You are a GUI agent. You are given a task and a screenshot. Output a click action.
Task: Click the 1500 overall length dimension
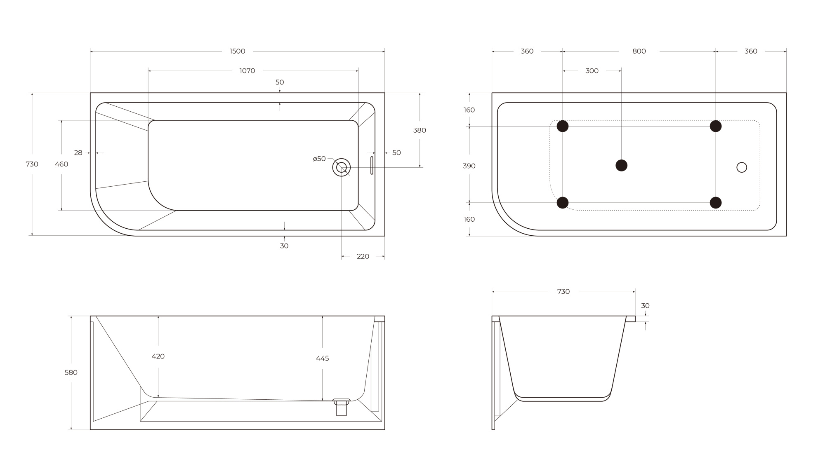(x=237, y=51)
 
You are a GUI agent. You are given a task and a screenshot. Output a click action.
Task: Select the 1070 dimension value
(x=247, y=71)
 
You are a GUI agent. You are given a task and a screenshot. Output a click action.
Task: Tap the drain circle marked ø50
(x=342, y=167)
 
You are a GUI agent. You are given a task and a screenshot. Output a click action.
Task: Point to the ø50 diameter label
(x=319, y=159)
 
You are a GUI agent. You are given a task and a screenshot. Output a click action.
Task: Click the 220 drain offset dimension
(x=363, y=256)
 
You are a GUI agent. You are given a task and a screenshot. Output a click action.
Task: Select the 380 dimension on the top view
(x=420, y=130)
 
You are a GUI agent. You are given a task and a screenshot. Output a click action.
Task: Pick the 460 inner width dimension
(x=61, y=164)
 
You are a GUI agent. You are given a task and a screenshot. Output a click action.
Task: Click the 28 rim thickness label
(x=78, y=153)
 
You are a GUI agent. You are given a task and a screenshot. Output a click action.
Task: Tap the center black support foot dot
(x=621, y=165)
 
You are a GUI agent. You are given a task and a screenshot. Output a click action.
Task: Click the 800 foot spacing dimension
(x=639, y=51)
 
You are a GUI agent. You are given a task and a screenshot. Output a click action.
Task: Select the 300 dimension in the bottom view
(x=592, y=71)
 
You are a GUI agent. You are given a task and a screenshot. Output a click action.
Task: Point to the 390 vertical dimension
(x=469, y=166)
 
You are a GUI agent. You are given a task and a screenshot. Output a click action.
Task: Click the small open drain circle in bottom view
(x=741, y=167)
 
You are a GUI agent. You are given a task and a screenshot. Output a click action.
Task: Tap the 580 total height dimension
(x=71, y=373)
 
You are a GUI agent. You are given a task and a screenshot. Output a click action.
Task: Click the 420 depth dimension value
(x=158, y=356)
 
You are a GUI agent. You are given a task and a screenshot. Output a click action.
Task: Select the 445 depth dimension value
(x=322, y=359)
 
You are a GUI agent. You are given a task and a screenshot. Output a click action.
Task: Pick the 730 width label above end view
(x=563, y=292)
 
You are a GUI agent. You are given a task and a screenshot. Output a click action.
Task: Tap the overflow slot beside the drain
(x=372, y=165)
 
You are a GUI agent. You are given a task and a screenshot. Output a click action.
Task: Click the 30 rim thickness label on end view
(x=645, y=306)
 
